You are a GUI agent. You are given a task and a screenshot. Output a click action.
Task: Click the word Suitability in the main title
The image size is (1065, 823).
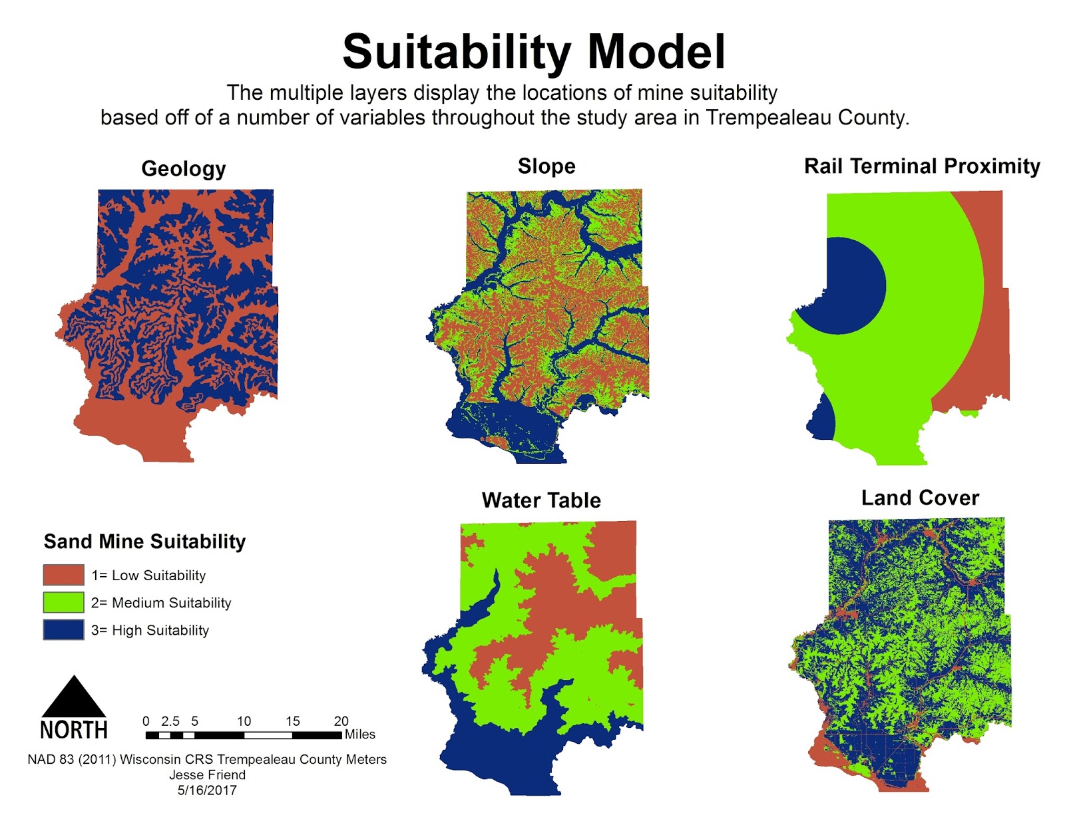(x=457, y=53)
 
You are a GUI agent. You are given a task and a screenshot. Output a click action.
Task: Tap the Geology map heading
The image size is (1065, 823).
(x=183, y=169)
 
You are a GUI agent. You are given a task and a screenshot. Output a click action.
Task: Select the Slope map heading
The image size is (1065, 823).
(x=546, y=166)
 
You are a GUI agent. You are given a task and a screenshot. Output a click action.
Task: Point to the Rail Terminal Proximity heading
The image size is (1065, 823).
(x=922, y=166)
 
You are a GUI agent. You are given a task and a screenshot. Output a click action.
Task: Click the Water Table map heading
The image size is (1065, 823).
(x=541, y=500)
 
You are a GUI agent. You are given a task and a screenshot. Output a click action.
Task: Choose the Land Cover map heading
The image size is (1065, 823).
(x=920, y=498)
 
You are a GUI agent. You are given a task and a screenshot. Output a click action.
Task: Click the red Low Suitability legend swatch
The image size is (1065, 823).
(x=63, y=575)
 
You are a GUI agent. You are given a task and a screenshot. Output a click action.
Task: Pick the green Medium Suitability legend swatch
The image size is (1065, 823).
(x=63, y=602)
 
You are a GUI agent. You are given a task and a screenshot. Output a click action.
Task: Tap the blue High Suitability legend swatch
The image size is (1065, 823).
(x=63, y=629)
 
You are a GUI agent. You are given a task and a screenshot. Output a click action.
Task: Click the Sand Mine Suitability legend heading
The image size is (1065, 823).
(x=144, y=542)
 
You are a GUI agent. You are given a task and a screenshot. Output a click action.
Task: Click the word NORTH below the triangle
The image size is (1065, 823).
(x=74, y=731)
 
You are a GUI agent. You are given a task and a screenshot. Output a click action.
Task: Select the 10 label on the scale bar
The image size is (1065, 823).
(x=244, y=721)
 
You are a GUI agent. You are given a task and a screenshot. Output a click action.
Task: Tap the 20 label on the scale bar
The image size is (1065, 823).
(x=341, y=721)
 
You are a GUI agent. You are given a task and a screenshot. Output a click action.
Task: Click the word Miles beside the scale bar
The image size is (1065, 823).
(x=359, y=735)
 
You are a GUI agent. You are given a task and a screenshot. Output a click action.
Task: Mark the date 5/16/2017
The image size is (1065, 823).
(x=207, y=790)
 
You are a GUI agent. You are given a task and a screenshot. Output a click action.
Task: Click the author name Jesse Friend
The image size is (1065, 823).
(x=207, y=775)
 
